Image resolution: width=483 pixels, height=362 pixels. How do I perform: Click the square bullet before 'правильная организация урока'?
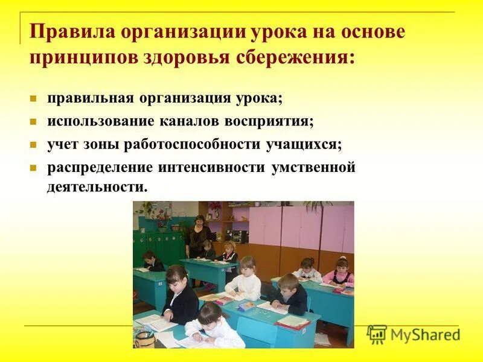(x=34, y=98)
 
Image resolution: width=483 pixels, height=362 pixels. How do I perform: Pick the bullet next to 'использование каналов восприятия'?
(x=34, y=121)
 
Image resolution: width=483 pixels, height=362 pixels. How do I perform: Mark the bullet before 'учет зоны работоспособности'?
(x=34, y=145)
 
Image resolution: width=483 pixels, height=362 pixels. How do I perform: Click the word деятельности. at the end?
(x=97, y=186)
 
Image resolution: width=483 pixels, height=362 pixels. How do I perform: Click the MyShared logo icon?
(x=377, y=334)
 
